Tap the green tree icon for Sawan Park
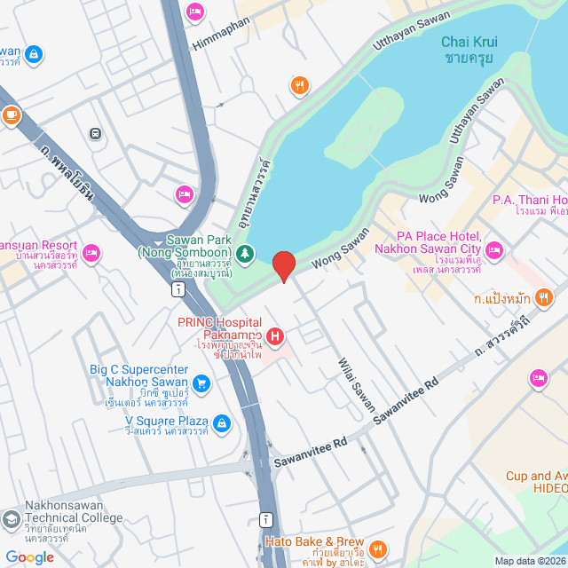coord(250,255)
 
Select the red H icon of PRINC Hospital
coord(275,336)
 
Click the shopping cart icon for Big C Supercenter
coord(201,383)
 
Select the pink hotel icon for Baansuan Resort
coord(91,254)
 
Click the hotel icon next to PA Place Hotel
coord(494,248)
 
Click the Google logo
coord(29,556)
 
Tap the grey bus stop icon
coord(95,134)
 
